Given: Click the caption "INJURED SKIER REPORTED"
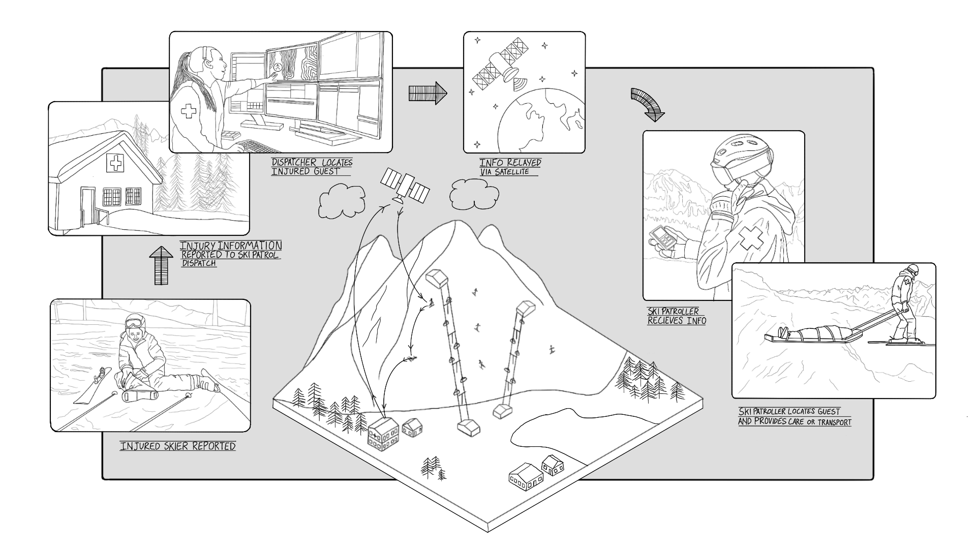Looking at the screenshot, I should (178, 446).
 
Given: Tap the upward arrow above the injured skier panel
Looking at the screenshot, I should (161, 266).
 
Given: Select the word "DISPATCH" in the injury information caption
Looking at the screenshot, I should (199, 263).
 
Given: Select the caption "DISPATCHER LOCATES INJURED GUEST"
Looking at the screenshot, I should (312, 167).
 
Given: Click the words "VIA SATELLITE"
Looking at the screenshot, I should (505, 172).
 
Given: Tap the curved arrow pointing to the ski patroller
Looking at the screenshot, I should (648, 104).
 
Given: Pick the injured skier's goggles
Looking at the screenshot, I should (133, 322).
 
